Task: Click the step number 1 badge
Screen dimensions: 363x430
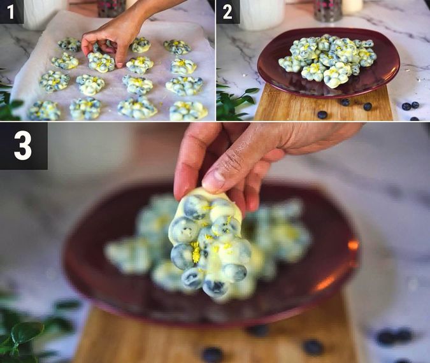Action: point(11,11)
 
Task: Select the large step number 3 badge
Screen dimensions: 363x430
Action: point(23,146)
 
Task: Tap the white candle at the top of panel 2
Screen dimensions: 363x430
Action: point(352,6)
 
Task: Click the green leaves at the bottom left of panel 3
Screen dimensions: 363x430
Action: point(25,334)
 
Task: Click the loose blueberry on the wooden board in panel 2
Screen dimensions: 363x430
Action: point(322,115)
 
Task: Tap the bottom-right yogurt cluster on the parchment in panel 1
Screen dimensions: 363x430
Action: point(188,111)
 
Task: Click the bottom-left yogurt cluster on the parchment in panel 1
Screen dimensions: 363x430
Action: point(44,111)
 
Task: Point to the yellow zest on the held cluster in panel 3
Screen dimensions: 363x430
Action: point(196,253)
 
